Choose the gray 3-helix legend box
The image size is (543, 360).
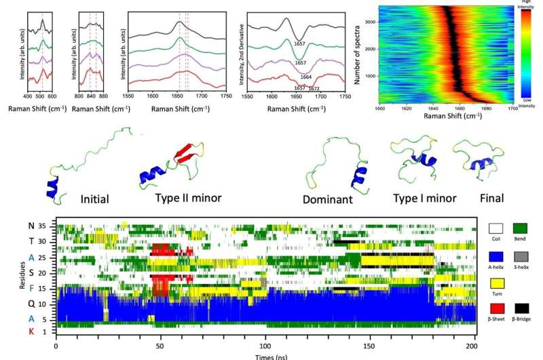pyautogui.click(x=520, y=257)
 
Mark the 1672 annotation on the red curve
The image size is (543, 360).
pyautogui.click(x=314, y=90)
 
